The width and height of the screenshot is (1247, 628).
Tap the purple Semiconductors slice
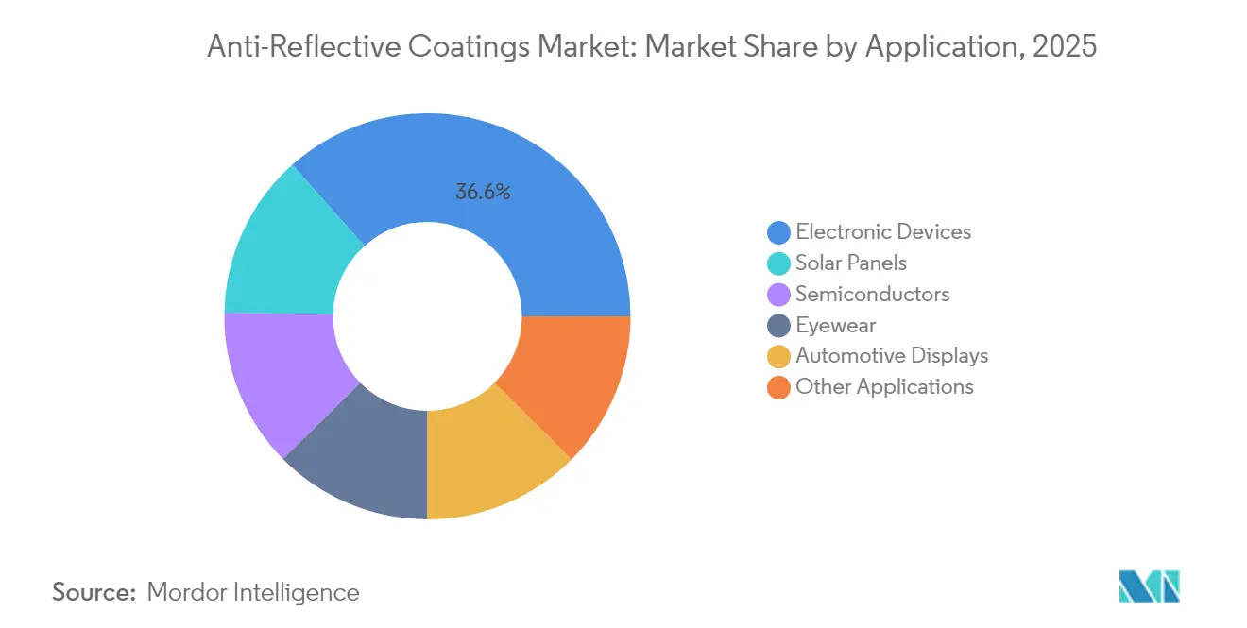pyautogui.click(x=279, y=378)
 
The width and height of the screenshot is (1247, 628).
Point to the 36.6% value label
pyautogui.click(x=483, y=192)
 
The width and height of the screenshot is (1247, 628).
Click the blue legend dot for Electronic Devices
pyautogui.click(x=779, y=232)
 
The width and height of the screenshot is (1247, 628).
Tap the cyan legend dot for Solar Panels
pyautogui.click(x=779, y=263)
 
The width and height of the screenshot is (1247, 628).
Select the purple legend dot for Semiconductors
pyautogui.click(x=779, y=295)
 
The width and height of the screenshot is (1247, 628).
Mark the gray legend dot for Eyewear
pyautogui.click(x=779, y=326)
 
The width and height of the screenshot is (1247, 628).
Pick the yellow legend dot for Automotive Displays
pyautogui.click(x=779, y=356)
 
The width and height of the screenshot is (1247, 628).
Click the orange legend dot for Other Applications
pyautogui.click(x=779, y=387)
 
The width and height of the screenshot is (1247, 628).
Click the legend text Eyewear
pyautogui.click(x=835, y=326)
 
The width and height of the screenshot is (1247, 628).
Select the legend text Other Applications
pyautogui.click(x=884, y=387)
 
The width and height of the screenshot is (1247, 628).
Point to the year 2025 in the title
pyautogui.click(x=1065, y=45)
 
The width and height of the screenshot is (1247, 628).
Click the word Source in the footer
pyautogui.click(x=94, y=592)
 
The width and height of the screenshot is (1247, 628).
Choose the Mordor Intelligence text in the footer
pyautogui.click(x=253, y=592)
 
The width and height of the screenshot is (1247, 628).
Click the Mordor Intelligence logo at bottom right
pyautogui.click(x=1149, y=586)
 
